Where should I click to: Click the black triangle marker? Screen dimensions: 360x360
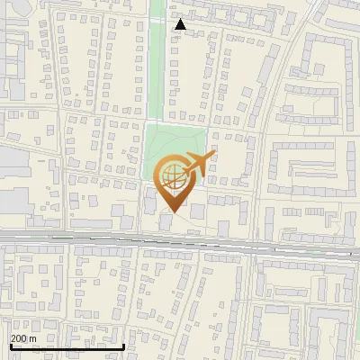[181, 24]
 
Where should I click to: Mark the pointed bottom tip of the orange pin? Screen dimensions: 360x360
[173, 212]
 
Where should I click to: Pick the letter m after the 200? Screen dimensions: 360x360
[33, 338]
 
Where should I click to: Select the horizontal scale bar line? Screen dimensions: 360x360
[67, 346]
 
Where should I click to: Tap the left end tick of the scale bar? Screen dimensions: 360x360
[10, 346]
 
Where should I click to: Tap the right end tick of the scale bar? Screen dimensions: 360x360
[123, 346]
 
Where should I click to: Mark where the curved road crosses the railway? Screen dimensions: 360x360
[254, 244]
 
